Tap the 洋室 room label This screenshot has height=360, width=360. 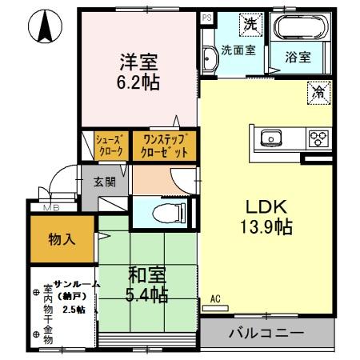point(137,60)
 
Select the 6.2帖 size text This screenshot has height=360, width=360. point(137,81)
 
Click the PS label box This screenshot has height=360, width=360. point(206,17)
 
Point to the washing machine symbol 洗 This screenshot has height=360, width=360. point(250,24)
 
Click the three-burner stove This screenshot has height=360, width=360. point(319,138)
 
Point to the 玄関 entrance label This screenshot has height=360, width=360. point(106,182)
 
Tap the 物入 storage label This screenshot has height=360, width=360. point(62,238)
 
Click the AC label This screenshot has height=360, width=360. point(214,299)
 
